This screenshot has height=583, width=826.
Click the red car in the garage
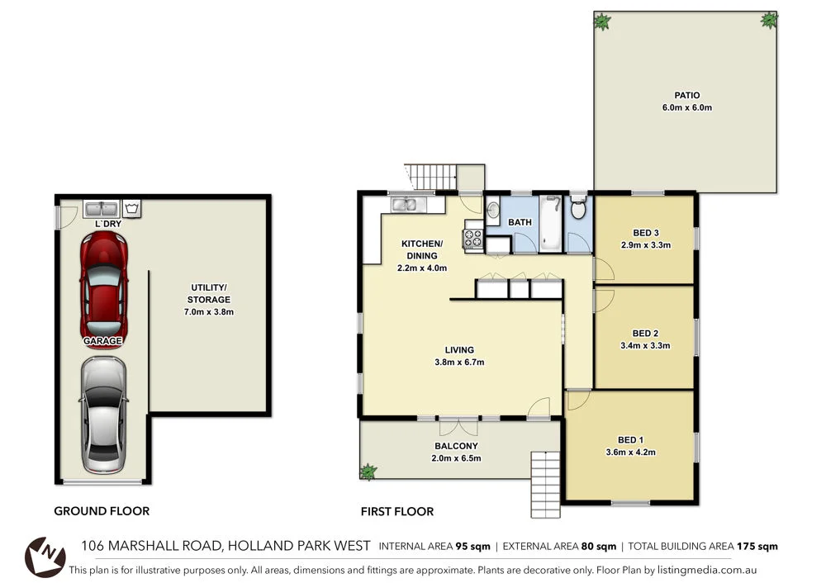click(103, 281)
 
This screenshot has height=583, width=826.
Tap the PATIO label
click(686, 96)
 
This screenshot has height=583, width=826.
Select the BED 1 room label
click(631, 439)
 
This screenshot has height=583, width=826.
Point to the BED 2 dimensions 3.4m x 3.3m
click(644, 346)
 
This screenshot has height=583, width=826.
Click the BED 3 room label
click(644, 232)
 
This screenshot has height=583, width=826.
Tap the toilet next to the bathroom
click(578, 210)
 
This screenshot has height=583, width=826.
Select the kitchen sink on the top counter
click(406, 203)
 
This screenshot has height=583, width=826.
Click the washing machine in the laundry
click(133, 208)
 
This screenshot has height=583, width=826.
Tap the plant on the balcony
click(368, 472)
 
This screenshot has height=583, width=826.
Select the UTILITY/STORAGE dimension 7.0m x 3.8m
click(208, 312)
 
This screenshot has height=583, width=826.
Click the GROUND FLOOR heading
click(102, 511)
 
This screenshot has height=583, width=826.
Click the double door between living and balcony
click(458, 423)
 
